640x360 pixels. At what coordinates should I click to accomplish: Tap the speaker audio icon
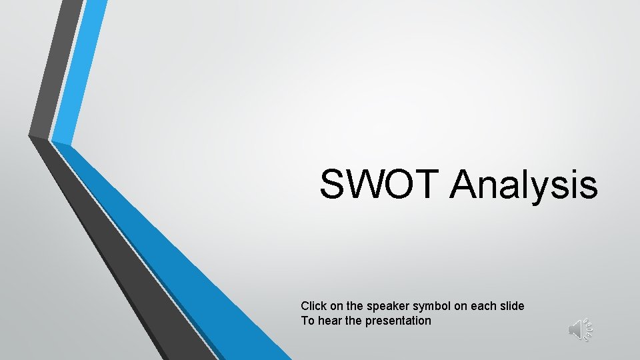point(580,329)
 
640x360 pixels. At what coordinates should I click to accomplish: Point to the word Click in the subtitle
point(313,306)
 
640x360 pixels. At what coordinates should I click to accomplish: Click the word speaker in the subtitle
point(386,306)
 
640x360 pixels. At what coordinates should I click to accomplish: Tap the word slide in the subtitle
point(511,306)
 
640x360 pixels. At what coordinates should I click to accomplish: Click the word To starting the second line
point(307,321)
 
